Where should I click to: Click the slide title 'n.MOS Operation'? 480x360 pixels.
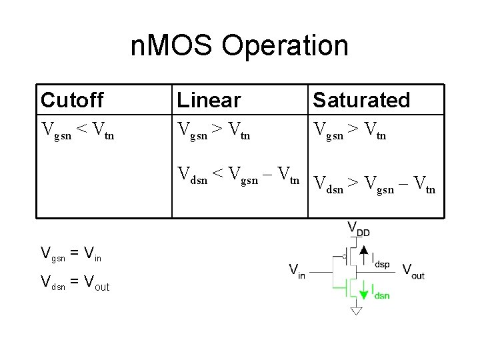[x=239, y=46]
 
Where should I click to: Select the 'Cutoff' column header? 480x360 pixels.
[x=72, y=100]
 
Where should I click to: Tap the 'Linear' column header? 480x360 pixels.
[x=209, y=100]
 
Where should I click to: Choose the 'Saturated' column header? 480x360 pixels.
[x=361, y=100]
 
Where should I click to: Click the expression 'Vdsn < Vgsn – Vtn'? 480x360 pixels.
[x=239, y=176]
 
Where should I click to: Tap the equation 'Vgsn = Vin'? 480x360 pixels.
[x=71, y=253]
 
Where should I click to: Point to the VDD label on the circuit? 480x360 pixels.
[x=359, y=229]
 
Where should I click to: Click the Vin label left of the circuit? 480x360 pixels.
[x=297, y=271]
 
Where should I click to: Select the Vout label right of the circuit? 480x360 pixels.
[x=413, y=271]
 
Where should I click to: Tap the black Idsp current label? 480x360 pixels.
[x=381, y=259]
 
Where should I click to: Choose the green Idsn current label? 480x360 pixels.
[x=381, y=291]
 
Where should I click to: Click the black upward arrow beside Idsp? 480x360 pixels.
[x=363, y=255]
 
